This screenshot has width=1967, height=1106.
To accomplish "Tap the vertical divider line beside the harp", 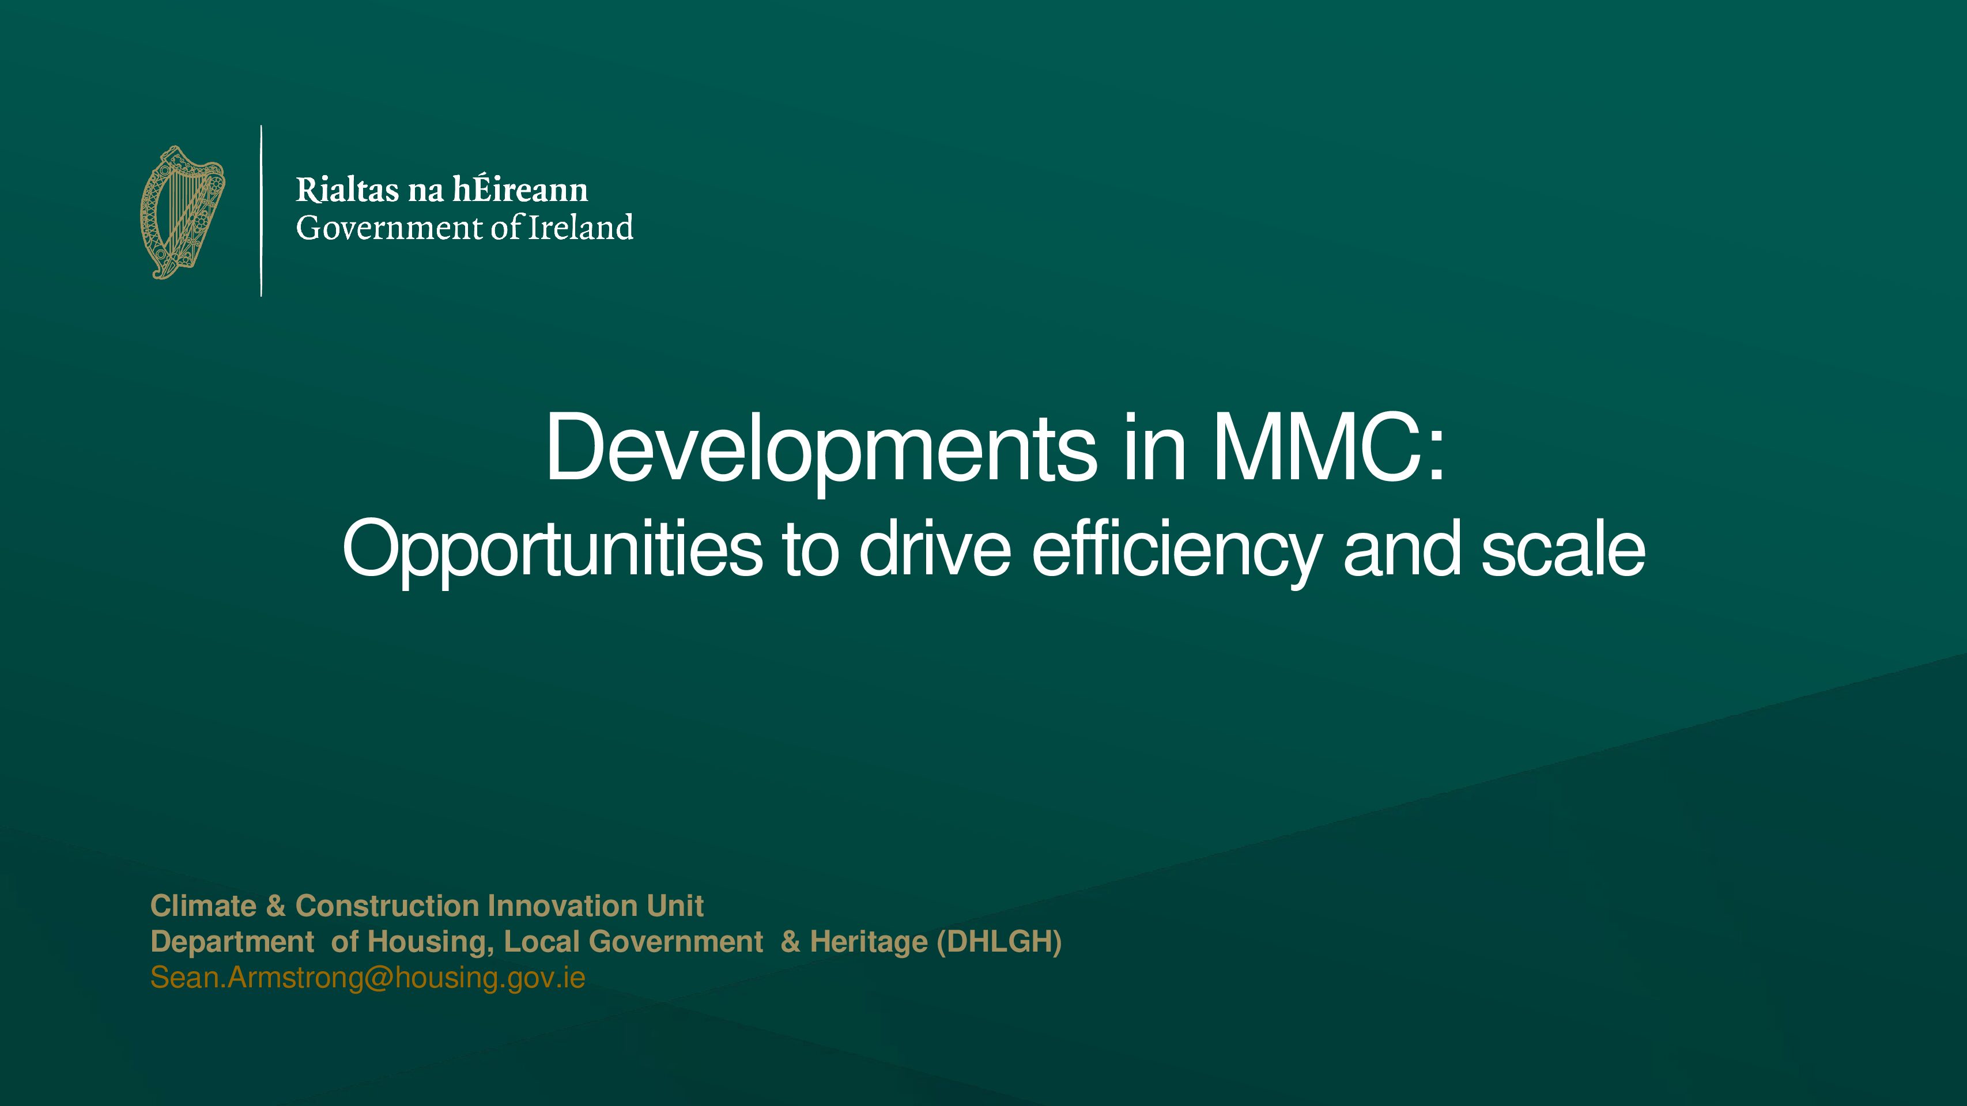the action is [x=261, y=211].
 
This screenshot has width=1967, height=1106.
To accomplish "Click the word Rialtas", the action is [x=348, y=190].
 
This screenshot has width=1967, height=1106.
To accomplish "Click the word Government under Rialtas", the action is [x=390, y=228].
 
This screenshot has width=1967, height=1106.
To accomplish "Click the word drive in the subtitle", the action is [x=935, y=547].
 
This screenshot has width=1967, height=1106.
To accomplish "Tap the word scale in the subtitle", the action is [x=1563, y=547].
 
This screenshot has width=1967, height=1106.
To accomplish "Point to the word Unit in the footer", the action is [x=675, y=906].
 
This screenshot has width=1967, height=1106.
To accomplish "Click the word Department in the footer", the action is [x=232, y=942].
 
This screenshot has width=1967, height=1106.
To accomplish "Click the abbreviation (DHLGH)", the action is [x=999, y=942].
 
